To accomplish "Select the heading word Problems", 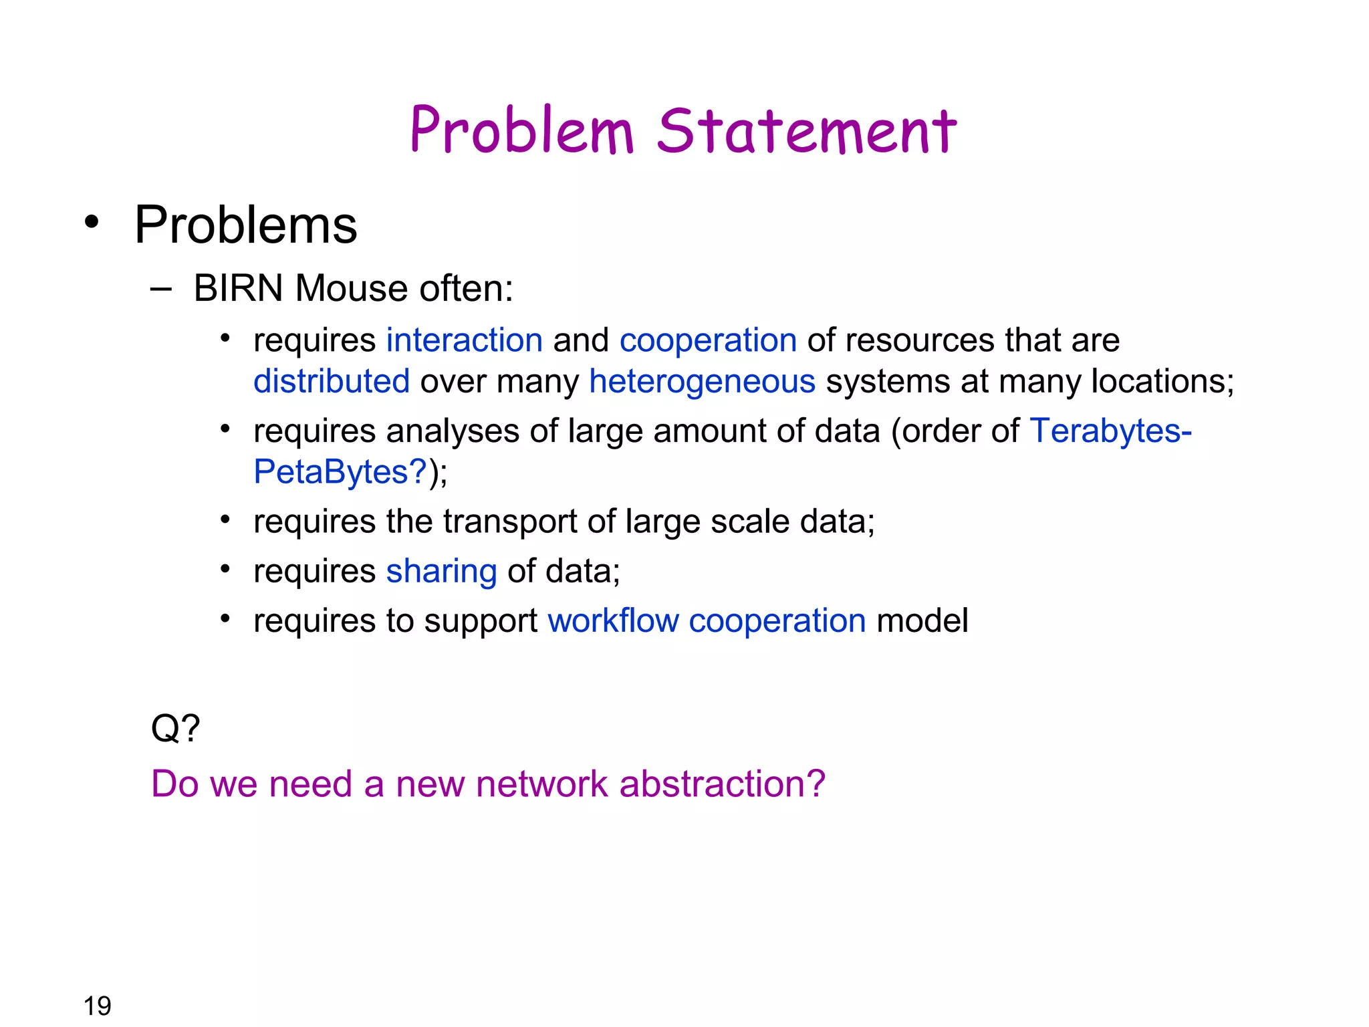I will pyautogui.click(x=245, y=225).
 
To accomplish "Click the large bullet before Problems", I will pyautogui.click(x=92, y=222).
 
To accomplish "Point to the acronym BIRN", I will pyautogui.click(x=238, y=289).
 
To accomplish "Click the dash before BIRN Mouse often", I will pyautogui.click(x=161, y=289).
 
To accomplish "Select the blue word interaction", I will pyautogui.click(x=465, y=340).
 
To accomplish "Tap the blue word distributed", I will pyautogui.click(x=332, y=382).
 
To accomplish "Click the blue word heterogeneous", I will pyautogui.click(x=702, y=382).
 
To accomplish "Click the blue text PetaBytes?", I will pyautogui.click(x=340, y=472).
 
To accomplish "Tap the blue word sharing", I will pyautogui.click(x=441, y=572).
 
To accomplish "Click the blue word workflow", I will pyautogui.click(x=613, y=621).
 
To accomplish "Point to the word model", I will pyautogui.click(x=922, y=621).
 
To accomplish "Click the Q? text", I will pyautogui.click(x=175, y=728).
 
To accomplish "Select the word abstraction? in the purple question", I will pyautogui.click(x=723, y=784).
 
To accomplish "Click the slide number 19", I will pyautogui.click(x=97, y=1006).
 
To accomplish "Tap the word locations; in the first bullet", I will pyautogui.click(x=1162, y=382).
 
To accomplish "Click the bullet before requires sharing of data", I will pyautogui.click(x=225, y=570).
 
